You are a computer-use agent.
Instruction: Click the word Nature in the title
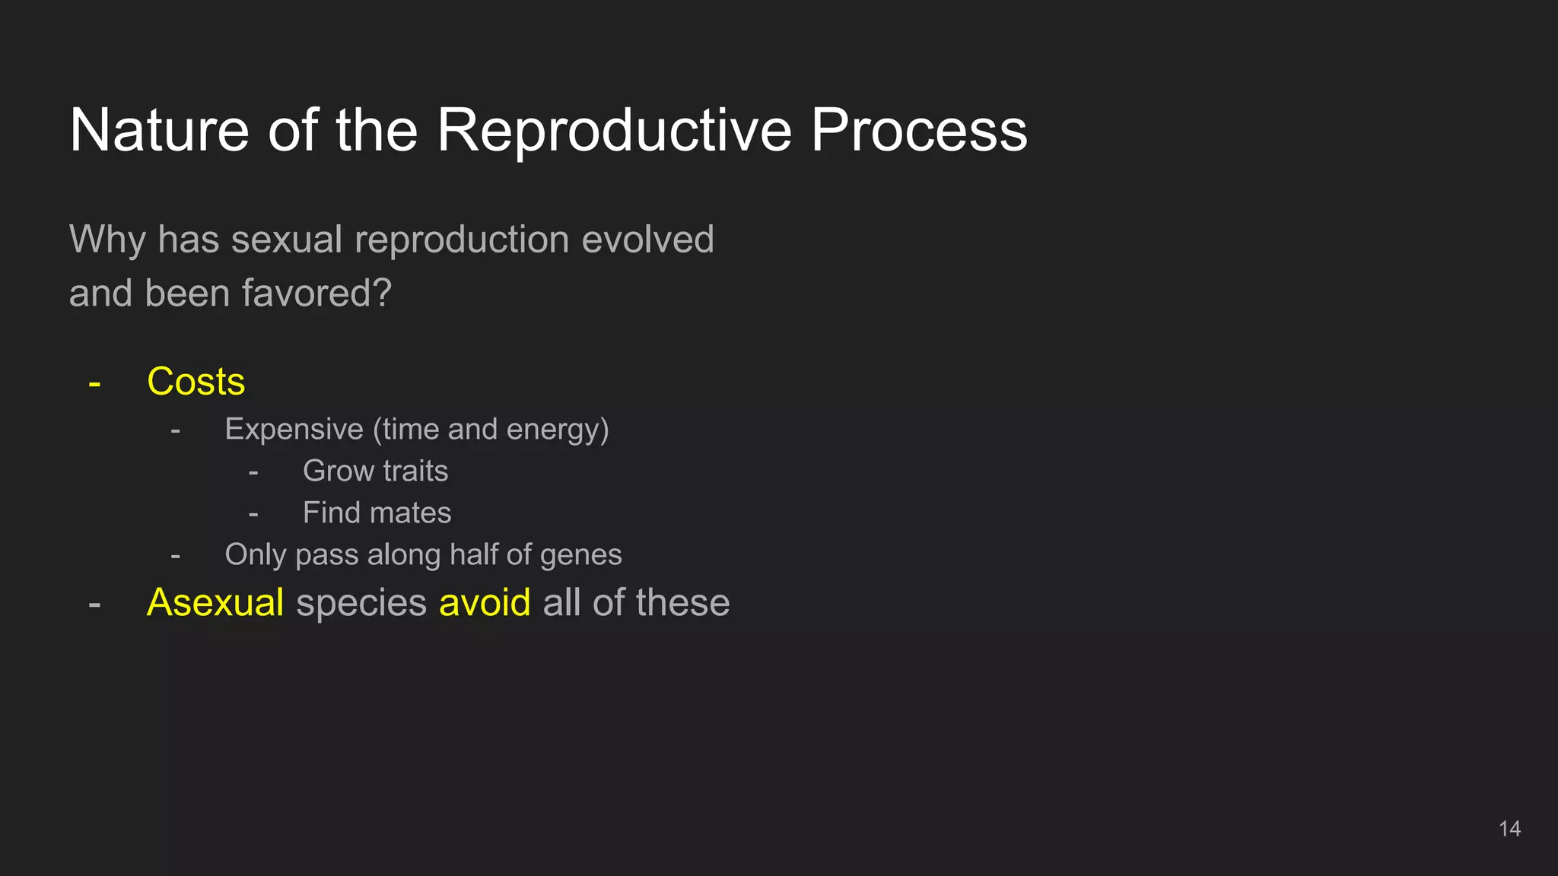(159, 130)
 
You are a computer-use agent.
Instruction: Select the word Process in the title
(918, 130)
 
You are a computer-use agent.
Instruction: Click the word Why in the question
(107, 240)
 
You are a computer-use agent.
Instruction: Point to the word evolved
(647, 240)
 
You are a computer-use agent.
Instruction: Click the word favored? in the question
(316, 294)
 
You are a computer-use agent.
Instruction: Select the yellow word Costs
(196, 381)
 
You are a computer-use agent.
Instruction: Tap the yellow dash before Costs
(94, 382)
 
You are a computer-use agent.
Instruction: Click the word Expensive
(294, 430)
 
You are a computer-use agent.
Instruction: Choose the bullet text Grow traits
(375, 471)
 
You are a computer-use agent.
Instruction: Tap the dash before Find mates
(253, 514)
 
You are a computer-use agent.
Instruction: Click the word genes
(580, 556)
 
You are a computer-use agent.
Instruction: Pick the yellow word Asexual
(215, 602)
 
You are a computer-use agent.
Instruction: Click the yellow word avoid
(485, 602)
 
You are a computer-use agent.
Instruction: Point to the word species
(361, 604)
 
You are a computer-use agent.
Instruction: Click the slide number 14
(1509, 828)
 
